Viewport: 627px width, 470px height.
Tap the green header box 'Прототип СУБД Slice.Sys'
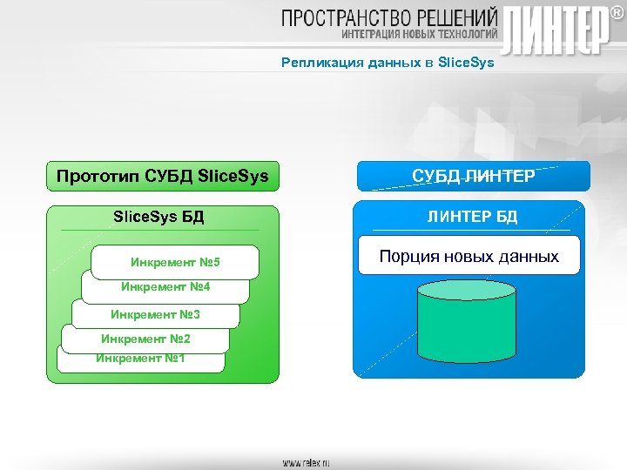point(163,177)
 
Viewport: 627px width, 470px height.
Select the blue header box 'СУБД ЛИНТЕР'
point(470,176)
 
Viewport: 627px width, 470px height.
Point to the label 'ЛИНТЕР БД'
point(471,217)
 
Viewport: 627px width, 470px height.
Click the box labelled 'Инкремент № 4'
point(165,287)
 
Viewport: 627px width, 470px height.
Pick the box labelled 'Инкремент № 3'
point(155,314)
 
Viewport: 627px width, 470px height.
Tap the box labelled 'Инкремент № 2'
point(145,339)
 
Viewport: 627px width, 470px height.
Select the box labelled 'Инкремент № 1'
point(140,359)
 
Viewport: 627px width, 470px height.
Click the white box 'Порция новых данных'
point(469,257)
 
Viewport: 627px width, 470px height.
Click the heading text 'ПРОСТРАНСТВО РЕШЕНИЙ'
point(389,18)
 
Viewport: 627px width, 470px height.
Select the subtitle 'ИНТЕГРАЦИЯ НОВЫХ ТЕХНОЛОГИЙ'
point(419,34)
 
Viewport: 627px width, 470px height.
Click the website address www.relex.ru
point(306,462)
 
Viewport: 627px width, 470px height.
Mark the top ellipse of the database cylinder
point(467,290)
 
